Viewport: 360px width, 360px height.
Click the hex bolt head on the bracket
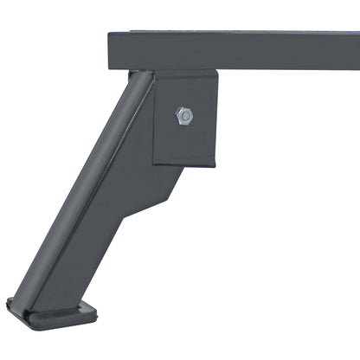point(183,114)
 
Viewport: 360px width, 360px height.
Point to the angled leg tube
point(95,199)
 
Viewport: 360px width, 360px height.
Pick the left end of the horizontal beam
point(111,52)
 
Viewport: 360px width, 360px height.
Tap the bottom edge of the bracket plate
point(185,164)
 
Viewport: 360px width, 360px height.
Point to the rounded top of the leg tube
point(143,76)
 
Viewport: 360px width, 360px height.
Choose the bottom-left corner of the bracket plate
point(155,163)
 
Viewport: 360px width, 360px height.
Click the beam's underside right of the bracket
point(286,70)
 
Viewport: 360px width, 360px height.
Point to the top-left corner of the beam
point(109,35)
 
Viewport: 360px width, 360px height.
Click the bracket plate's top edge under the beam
point(185,72)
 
